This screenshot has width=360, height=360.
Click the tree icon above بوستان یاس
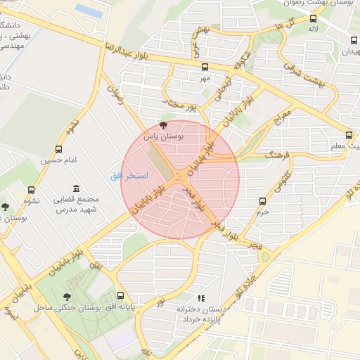[x=163, y=124]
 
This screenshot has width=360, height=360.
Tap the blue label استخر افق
[x=127, y=175]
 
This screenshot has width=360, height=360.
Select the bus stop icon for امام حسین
[x=58, y=149]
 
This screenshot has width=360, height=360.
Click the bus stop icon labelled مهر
[x=205, y=67]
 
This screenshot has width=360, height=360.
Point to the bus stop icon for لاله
[x=313, y=19]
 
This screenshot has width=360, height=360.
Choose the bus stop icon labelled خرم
[x=262, y=200]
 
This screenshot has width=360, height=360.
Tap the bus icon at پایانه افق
[x=121, y=296]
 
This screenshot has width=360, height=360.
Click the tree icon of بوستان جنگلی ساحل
[x=67, y=297]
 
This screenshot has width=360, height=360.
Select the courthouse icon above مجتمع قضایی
[x=76, y=188]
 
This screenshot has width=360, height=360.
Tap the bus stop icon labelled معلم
[x=349, y=135]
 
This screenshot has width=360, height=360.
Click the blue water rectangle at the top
[x=89, y=9]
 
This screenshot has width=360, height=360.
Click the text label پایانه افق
[x=122, y=308]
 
